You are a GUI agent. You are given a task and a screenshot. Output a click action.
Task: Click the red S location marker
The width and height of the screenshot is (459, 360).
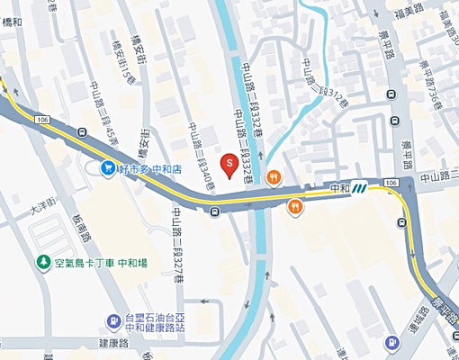[229, 165]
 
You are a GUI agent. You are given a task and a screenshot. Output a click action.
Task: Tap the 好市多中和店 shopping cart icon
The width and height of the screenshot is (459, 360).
[108, 167]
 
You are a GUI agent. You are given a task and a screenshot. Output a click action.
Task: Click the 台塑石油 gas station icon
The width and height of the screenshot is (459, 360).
[113, 321]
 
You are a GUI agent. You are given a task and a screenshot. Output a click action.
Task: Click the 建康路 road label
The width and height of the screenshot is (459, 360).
[115, 346]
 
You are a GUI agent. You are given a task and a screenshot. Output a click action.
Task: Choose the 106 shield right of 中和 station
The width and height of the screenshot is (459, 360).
[390, 183]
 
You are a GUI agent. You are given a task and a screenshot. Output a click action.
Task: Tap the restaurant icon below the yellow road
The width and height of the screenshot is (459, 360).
[294, 207]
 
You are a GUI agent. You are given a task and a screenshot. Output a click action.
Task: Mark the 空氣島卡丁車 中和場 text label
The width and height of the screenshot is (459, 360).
[99, 263]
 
